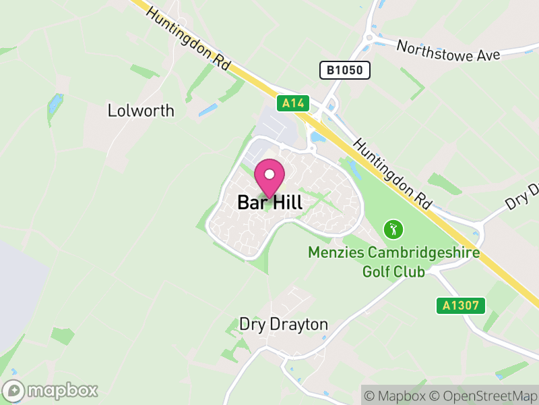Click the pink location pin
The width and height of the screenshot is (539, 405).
(269, 179)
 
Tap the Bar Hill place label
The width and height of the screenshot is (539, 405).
(269, 202)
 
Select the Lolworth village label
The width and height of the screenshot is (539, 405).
(141, 111)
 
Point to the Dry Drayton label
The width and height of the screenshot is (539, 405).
(284, 325)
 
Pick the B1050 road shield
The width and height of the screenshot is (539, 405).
(344, 70)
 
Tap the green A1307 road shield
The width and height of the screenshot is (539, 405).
(460, 305)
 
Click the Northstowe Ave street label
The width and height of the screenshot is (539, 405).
(448, 51)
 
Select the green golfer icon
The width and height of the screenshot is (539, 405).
(393, 230)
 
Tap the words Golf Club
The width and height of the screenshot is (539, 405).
(393, 271)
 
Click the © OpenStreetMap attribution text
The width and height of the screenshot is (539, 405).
(484, 396)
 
